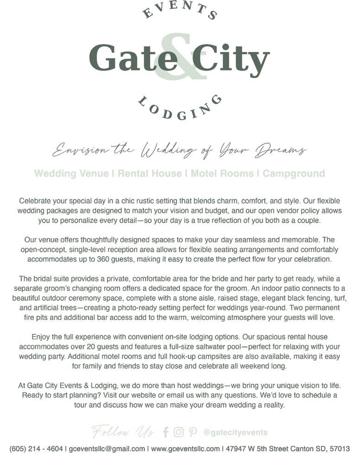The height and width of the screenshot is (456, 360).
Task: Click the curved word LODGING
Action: (x=180, y=108)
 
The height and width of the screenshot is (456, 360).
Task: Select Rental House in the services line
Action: (x=149, y=173)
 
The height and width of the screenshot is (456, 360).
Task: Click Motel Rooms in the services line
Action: (x=222, y=173)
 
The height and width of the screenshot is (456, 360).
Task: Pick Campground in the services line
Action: (x=294, y=173)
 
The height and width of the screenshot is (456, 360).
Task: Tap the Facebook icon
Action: (x=166, y=432)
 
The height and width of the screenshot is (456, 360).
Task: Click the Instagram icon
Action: (x=179, y=432)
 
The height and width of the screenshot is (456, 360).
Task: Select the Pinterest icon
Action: (x=193, y=432)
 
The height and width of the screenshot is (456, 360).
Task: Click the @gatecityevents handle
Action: (x=235, y=432)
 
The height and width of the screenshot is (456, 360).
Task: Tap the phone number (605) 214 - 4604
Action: (x=36, y=449)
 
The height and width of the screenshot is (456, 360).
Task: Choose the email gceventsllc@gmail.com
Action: (x=107, y=449)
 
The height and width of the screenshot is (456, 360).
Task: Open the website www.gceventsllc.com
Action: (x=185, y=449)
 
